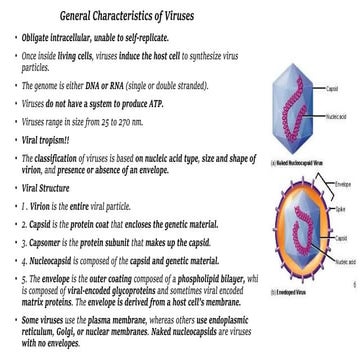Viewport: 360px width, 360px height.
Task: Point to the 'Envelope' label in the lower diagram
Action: click(x=344, y=186)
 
